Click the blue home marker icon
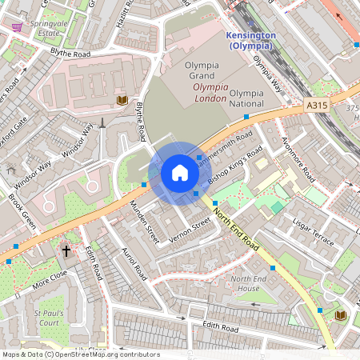180,173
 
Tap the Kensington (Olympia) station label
251,41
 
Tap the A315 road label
316,104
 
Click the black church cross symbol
66,250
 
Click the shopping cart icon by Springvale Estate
17,26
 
